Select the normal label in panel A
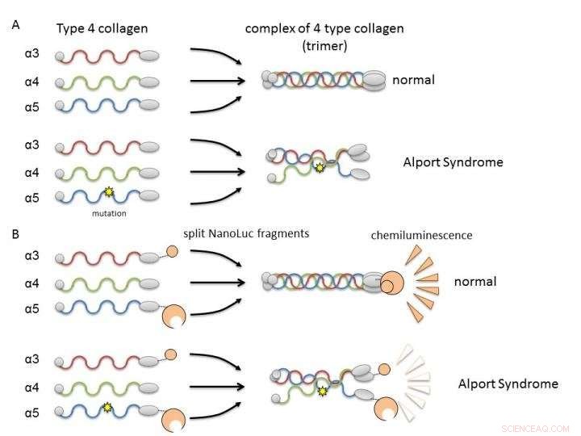(413, 80)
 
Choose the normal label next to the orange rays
(474, 282)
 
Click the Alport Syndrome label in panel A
(453, 162)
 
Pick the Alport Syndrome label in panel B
(508, 384)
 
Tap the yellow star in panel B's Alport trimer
(323, 392)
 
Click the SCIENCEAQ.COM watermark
(535, 428)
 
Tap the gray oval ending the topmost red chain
(150, 57)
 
